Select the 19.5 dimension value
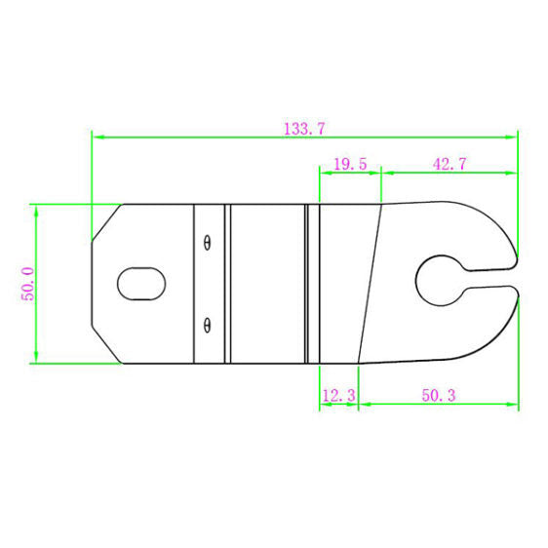tap(349, 165)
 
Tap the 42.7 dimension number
tap(449, 165)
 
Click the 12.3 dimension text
tap(337, 394)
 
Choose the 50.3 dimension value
tap(439, 394)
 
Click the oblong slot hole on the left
tap(141, 284)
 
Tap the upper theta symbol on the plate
tap(207, 243)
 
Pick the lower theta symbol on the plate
tap(207, 324)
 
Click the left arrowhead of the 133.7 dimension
tap(97, 137)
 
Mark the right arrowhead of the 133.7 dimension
tap(513, 137)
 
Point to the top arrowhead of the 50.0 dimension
tap(36, 209)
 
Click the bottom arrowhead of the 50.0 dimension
tap(36, 358)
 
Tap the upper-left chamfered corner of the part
tap(105, 222)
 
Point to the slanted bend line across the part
tap(370, 284)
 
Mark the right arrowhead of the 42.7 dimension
tap(513, 174)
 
